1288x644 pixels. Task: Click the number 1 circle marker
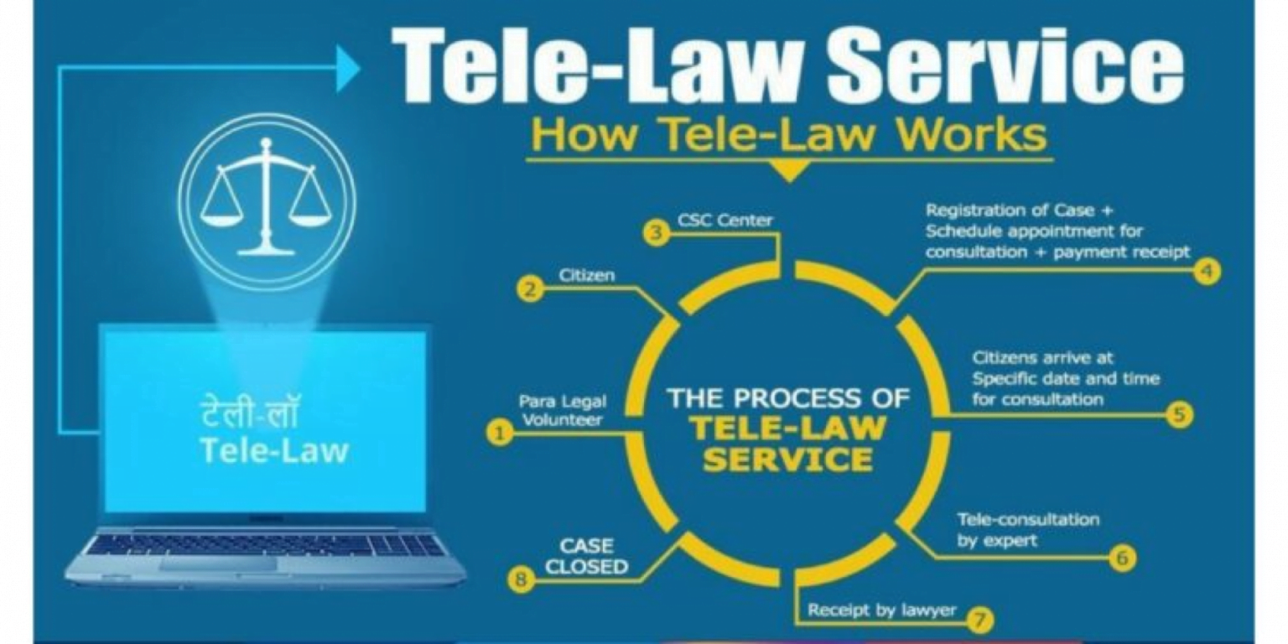point(499,433)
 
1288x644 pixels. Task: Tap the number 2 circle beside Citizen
point(530,290)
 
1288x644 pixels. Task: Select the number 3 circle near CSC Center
point(657,233)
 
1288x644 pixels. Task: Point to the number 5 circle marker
point(1180,414)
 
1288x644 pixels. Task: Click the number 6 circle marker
point(1123,557)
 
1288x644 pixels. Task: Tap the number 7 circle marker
point(979,621)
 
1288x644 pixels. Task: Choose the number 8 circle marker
point(522,579)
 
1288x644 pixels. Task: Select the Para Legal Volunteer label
point(562,411)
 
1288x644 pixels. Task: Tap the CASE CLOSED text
point(586,557)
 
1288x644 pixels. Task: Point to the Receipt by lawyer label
point(881,610)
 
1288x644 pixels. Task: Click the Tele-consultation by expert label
point(1027,530)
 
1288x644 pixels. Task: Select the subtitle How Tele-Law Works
point(788,135)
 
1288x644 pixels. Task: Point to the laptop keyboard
point(267,546)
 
